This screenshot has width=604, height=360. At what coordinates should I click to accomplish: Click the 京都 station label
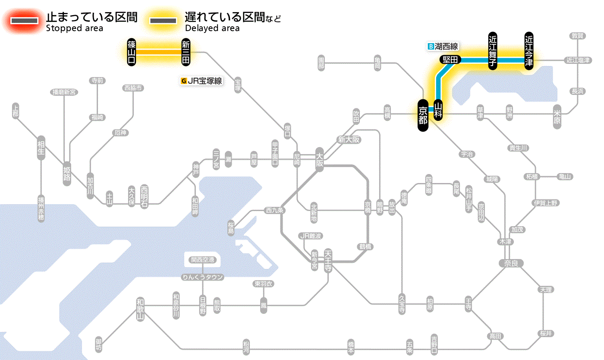coord(423,114)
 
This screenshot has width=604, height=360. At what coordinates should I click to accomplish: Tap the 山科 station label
coord(438,110)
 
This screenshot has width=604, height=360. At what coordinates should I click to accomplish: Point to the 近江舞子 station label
coord(493,51)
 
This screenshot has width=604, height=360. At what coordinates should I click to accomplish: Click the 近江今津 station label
coord(529,51)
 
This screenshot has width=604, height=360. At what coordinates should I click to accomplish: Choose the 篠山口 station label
coord(132,52)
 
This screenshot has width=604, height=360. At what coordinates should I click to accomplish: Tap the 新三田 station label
coord(186,52)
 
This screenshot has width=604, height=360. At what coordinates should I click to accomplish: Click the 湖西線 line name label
coord(443,46)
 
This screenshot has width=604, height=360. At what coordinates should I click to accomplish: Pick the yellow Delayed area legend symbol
coord(163,20)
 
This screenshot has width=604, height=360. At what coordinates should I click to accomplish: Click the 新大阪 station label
coord(349,139)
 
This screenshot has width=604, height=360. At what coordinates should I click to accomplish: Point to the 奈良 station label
coord(510,263)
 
